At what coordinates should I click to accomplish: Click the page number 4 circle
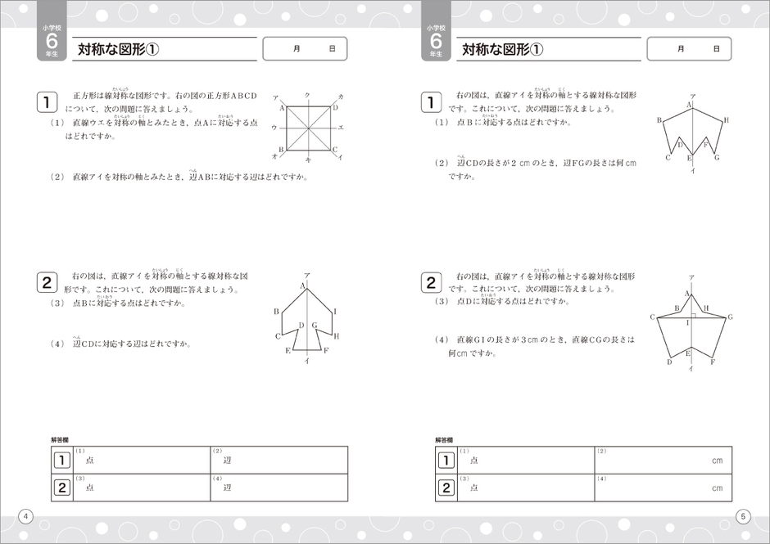(x=26, y=515)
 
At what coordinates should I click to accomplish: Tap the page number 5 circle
(x=743, y=515)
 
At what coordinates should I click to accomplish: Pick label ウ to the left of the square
(x=274, y=128)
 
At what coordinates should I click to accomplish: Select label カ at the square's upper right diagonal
(x=340, y=97)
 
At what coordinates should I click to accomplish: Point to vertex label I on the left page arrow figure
(x=335, y=312)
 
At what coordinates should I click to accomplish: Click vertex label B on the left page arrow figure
(x=276, y=311)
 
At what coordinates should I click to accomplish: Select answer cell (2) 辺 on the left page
(x=279, y=460)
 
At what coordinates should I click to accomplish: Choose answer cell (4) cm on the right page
(x=664, y=488)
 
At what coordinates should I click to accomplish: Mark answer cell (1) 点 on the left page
(x=140, y=460)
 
